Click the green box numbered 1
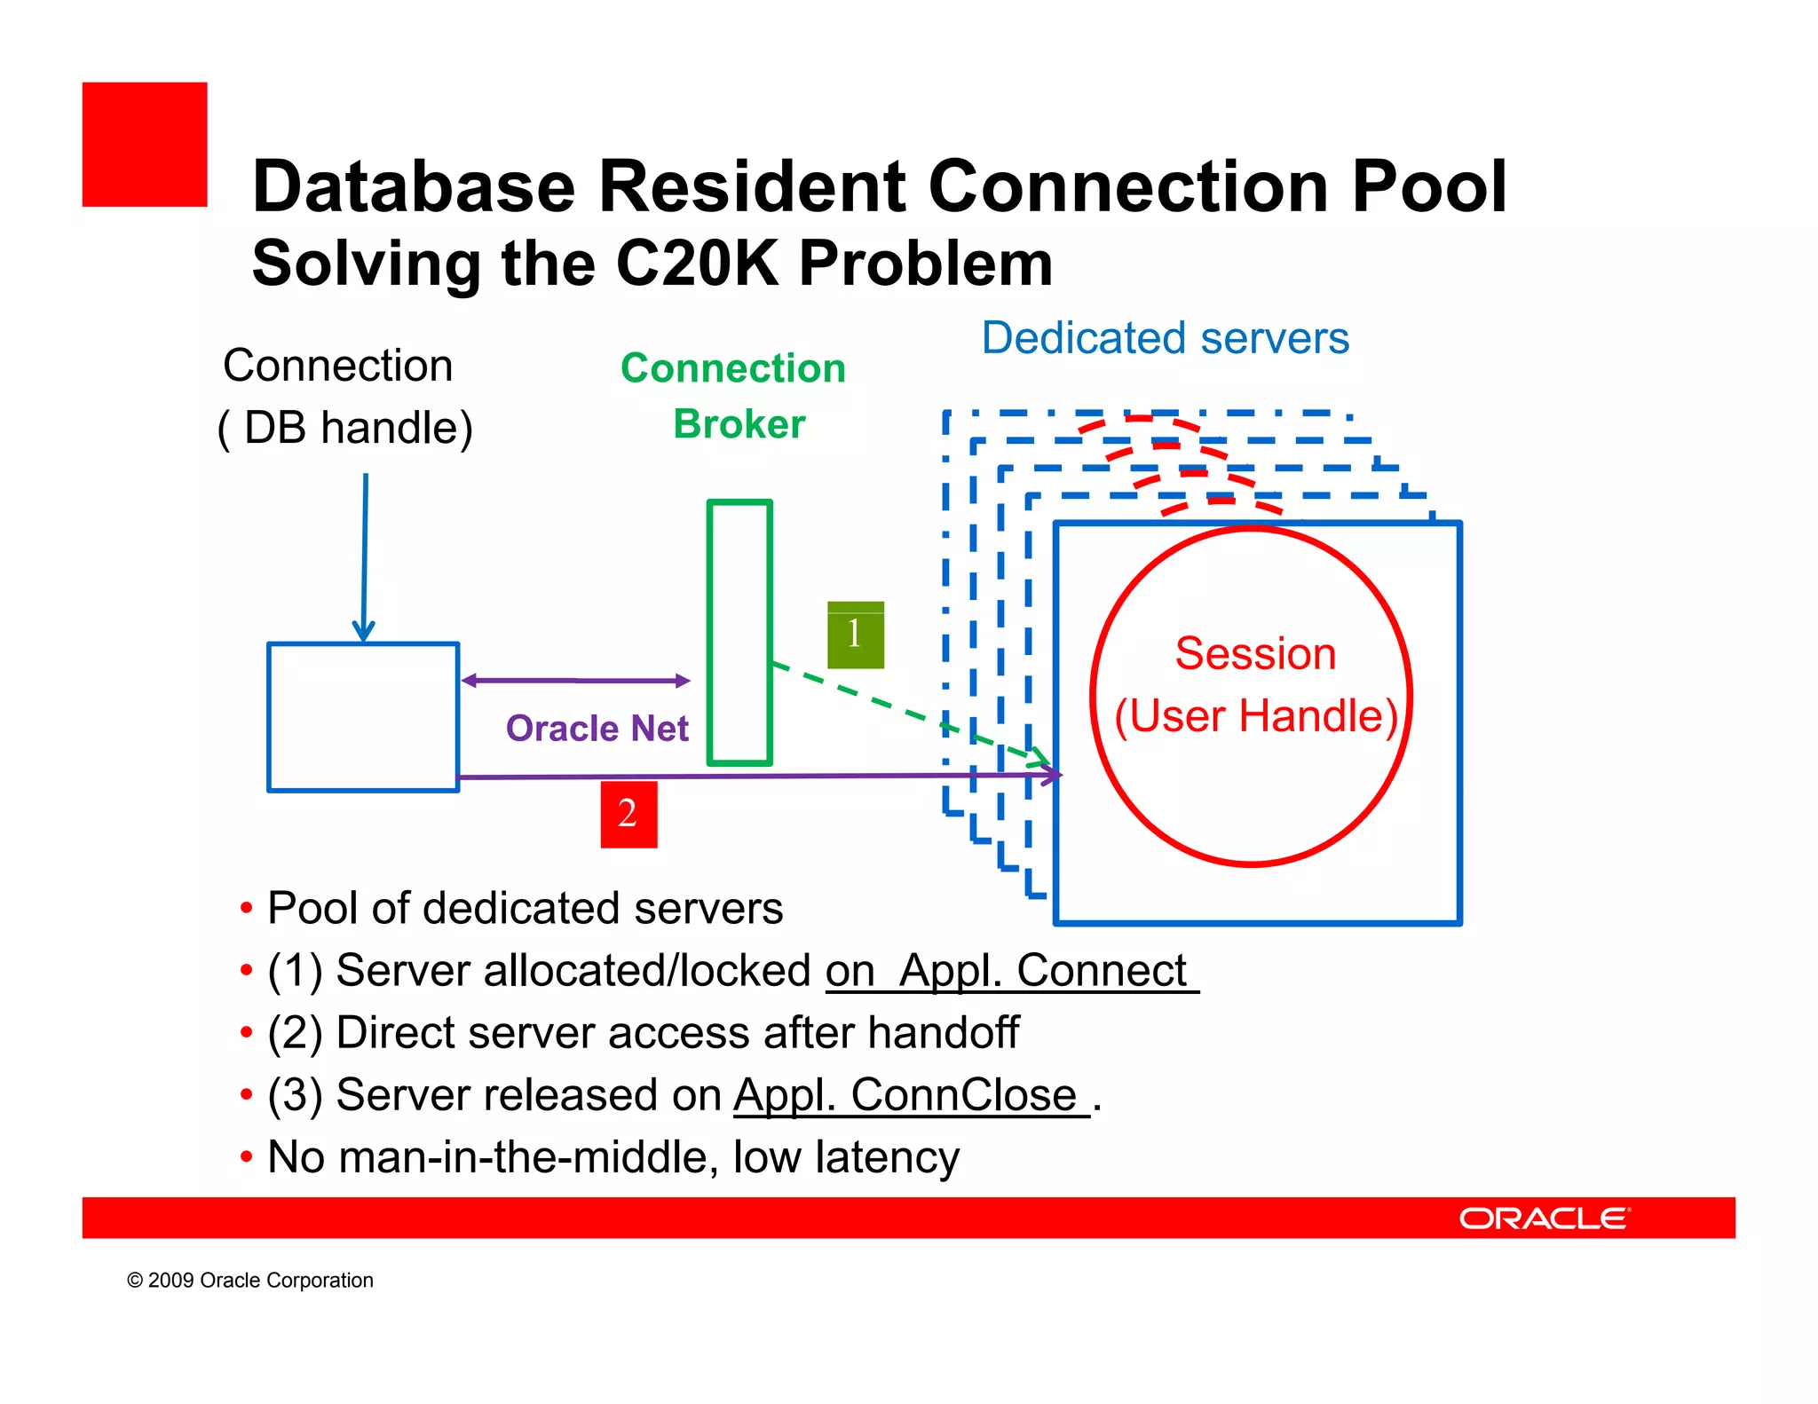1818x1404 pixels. tap(855, 635)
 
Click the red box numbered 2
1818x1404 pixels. tap(628, 814)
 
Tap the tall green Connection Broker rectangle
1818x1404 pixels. tap(739, 632)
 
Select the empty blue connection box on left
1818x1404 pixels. tap(363, 717)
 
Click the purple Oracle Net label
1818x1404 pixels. tap(597, 729)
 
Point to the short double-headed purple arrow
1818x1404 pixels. tap(575, 681)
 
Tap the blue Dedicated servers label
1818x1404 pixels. tap(1165, 338)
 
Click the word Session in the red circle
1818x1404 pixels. tap(1254, 654)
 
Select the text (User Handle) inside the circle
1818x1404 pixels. tap(1255, 716)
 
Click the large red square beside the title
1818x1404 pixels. tap(145, 145)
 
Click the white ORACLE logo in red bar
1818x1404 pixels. tap(1544, 1218)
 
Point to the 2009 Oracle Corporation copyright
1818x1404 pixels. tap(250, 1280)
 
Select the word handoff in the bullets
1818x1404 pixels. tap(943, 1032)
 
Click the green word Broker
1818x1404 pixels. tap(739, 424)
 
